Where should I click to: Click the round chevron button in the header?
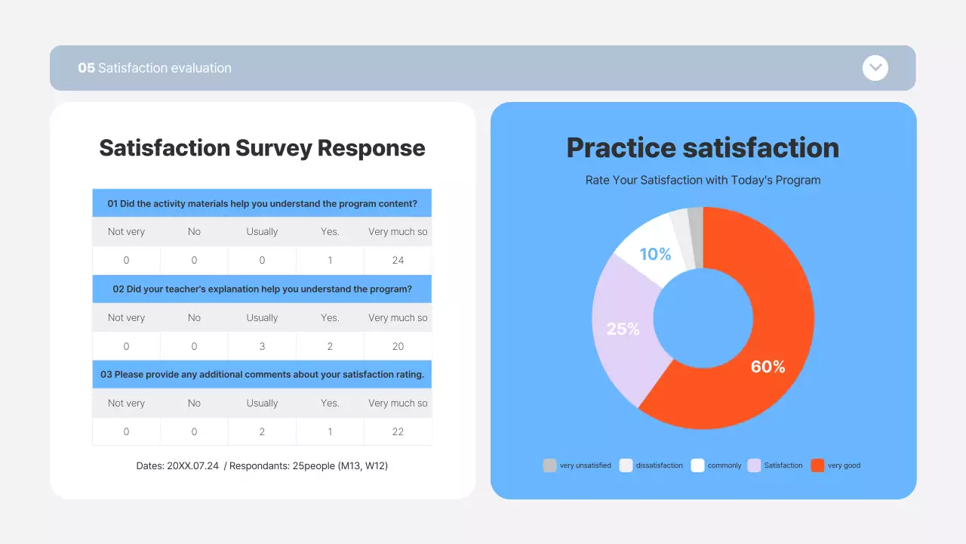coord(875,68)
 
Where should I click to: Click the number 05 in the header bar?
coord(86,68)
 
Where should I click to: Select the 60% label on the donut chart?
coord(768,367)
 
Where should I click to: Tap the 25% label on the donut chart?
coord(623,329)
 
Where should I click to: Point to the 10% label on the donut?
coord(655,255)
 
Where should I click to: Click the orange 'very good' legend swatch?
coord(817,465)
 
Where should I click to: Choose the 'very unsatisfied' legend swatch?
coord(549,465)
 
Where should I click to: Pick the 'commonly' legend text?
coord(724,465)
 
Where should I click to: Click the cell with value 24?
coord(398,261)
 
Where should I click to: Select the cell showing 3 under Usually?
coord(262,347)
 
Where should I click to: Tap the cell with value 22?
coord(398,432)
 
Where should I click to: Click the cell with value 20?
coord(398,347)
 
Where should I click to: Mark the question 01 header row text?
coord(262,203)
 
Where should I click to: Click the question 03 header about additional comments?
coord(262,375)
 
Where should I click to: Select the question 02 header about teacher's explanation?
coord(262,289)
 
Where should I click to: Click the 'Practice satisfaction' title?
coord(703,148)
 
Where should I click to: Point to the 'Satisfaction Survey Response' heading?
coord(262,148)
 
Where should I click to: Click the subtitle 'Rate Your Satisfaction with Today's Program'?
coord(703,181)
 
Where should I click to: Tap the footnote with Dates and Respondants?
coord(262,466)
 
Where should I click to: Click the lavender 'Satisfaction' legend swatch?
coord(754,465)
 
